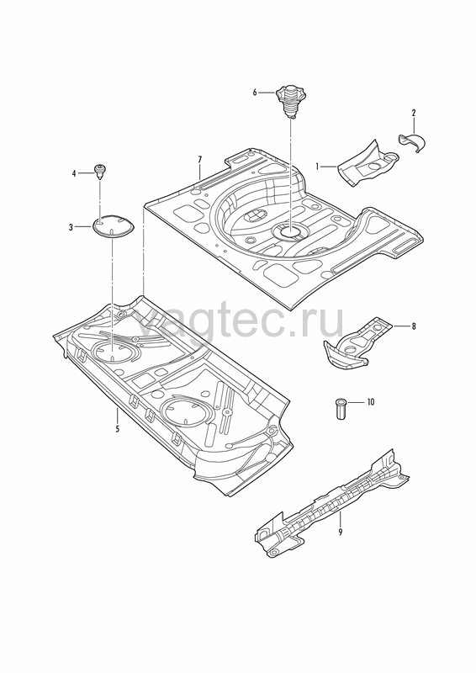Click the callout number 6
click(x=255, y=93)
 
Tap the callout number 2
click(x=414, y=114)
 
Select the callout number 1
click(x=318, y=166)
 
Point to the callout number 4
click(x=74, y=173)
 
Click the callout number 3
click(x=71, y=227)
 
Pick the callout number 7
click(x=200, y=160)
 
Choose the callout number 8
click(x=414, y=326)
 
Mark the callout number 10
click(x=370, y=402)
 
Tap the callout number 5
click(x=117, y=428)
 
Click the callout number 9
click(x=341, y=533)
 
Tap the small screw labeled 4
click(x=100, y=172)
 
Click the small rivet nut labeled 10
click(x=341, y=409)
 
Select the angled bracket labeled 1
click(x=367, y=163)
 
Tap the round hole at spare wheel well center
click(x=291, y=232)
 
